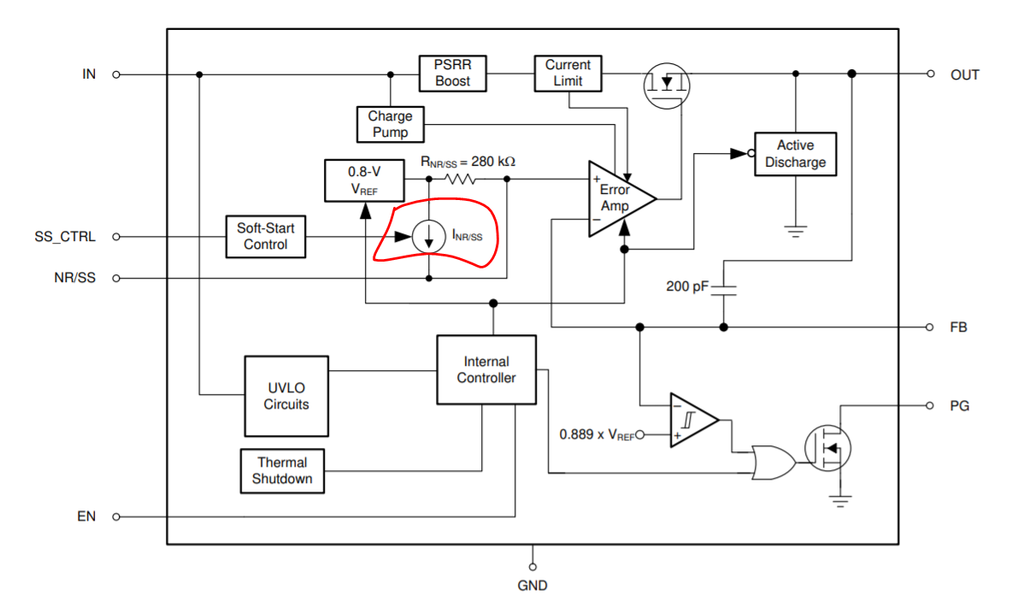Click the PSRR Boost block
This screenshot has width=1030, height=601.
coord(452,74)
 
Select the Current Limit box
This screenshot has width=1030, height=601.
coord(568,74)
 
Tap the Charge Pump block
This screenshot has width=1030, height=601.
coord(390,124)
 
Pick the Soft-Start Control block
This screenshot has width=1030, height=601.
coord(265,237)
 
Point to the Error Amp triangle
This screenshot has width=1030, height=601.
coord(615,199)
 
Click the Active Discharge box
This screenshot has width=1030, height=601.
coord(795,154)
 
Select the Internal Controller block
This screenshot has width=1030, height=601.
coord(486,369)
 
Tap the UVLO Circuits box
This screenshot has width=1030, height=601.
coord(285,396)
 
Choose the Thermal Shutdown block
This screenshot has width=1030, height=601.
coord(282,471)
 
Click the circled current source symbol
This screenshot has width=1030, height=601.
coord(427,237)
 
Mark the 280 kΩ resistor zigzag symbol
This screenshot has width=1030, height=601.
coord(460,180)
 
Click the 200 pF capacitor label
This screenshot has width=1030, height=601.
coord(687,286)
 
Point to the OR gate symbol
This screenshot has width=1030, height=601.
coord(772,463)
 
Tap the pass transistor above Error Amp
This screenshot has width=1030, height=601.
coord(666,84)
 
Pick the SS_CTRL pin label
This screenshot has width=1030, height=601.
coord(65,237)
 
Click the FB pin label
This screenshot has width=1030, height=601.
coord(959,327)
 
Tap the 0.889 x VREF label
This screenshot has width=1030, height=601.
coord(597,434)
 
